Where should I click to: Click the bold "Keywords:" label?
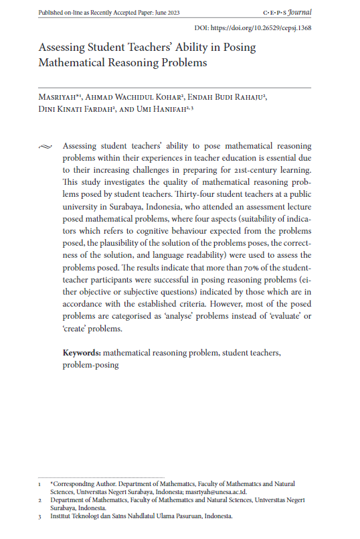[82, 352]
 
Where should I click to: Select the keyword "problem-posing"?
[90, 365]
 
